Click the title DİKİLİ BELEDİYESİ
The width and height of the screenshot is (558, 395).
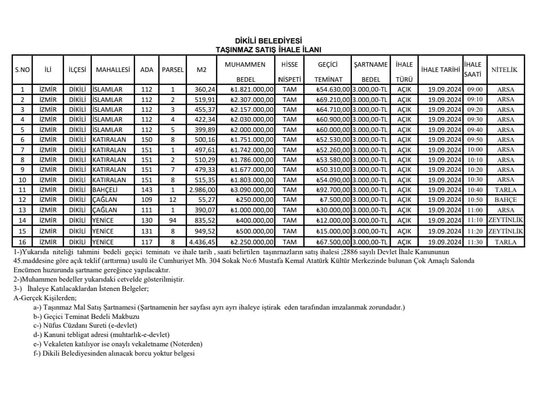[268, 41]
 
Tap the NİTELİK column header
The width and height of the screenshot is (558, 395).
[505, 69]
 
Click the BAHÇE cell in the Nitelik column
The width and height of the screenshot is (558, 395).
[505, 200]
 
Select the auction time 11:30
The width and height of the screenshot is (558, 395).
[474, 242]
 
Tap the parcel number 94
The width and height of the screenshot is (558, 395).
[173, 220]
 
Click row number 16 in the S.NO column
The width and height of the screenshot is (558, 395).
[22, 242]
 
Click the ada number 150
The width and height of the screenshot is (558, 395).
[147, 140]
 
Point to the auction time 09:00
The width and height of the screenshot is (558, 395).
[474, 90]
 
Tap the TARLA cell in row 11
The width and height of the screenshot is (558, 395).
[505, 190]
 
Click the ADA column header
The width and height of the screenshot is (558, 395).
[147, 69]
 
